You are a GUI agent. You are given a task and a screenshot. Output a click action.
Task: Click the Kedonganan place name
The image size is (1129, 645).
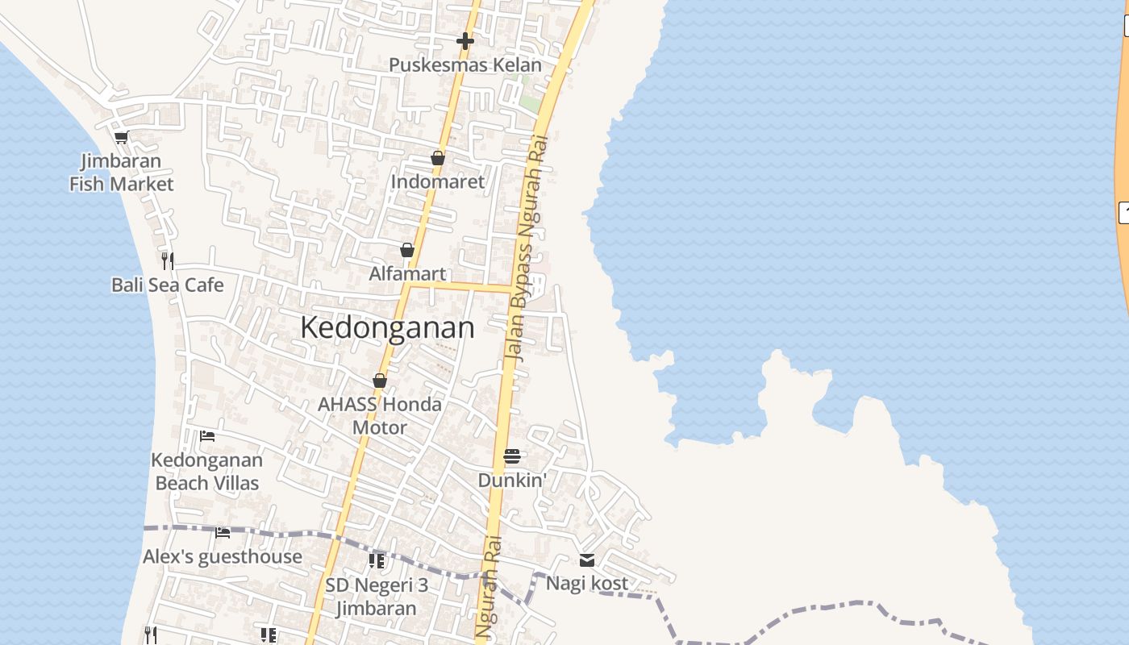click(x=387, y=328)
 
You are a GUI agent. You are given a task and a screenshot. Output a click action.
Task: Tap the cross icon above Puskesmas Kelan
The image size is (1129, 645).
click(x=465, y=40)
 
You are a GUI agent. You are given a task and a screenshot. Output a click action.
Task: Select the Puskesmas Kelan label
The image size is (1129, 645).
click(x=465, y=64)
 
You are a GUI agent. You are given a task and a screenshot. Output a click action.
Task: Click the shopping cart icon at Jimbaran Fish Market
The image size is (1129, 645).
click(x=121, y=137)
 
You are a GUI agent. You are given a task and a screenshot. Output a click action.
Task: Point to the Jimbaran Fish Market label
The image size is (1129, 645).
click(x=121, y=173)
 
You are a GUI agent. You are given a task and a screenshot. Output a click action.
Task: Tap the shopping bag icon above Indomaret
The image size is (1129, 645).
click(x=438, y=158)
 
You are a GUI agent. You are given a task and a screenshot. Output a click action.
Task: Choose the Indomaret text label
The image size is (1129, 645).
click(x=438, y=181)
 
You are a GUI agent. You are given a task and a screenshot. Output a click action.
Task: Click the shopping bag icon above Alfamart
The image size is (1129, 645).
click(x=407, y=250)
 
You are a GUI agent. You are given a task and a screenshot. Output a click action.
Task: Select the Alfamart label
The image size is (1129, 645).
click(x=407, y=273)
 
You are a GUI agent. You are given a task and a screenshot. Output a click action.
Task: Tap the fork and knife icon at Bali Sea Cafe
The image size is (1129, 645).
click(x=167, y=260)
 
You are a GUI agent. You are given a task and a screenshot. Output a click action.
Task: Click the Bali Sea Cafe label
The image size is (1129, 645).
click(x=168, y=285)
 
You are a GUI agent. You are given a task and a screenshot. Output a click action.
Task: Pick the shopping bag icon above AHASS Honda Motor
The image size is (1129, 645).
click(x=380, y=381)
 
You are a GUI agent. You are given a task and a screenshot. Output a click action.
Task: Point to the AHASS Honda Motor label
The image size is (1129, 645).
click(x=380, y=415)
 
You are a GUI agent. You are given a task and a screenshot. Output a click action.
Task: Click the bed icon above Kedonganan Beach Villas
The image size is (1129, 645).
click(x=207, y=436)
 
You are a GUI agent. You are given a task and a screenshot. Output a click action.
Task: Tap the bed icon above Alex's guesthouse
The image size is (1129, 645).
click(x=223, y=532)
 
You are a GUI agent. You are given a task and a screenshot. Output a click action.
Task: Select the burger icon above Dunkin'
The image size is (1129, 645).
click(x=512, y=456)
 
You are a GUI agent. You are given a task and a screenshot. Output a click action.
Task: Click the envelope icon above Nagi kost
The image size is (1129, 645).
click(x=587, y=560)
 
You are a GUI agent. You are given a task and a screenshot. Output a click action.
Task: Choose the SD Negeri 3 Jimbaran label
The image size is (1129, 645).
click(x=377, y=597)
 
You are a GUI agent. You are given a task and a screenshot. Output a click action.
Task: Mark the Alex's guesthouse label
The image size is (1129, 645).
click(x=223, y=556)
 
